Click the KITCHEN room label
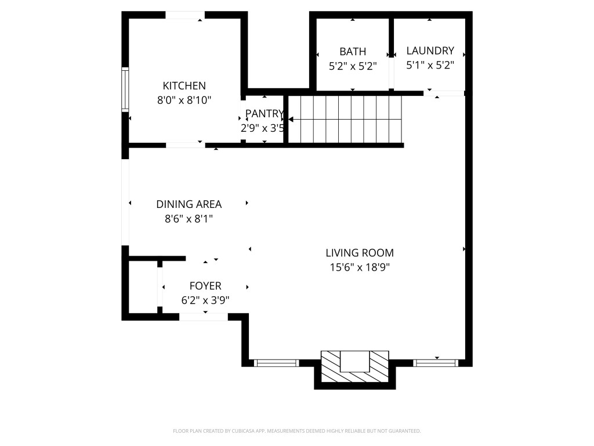pos(184,85)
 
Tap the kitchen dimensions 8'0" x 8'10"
pos(184,100)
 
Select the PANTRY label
pos(264,113)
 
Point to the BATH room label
pos(353,52)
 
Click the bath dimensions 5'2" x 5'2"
pos(353,66)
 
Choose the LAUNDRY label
pos(430,51)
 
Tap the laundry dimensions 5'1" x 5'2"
pos(430,65)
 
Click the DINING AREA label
pos(189,204)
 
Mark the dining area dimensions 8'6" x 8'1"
pos(189,219)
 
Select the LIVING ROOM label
pos(360,253)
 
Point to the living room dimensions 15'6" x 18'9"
pos(360,268)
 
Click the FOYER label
pos(205,286)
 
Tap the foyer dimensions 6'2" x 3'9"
pos(205,301)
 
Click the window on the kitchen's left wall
pos(125,89)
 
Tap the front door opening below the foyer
pos(203,317)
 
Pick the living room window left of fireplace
pos(277,364)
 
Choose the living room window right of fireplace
pos(436,364)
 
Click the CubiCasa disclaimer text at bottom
pos(296,431)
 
